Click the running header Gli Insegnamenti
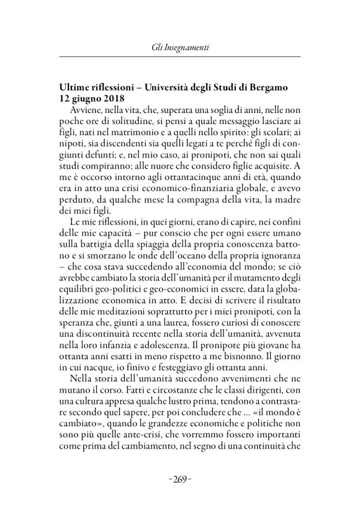179,46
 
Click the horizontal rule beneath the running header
179,56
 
